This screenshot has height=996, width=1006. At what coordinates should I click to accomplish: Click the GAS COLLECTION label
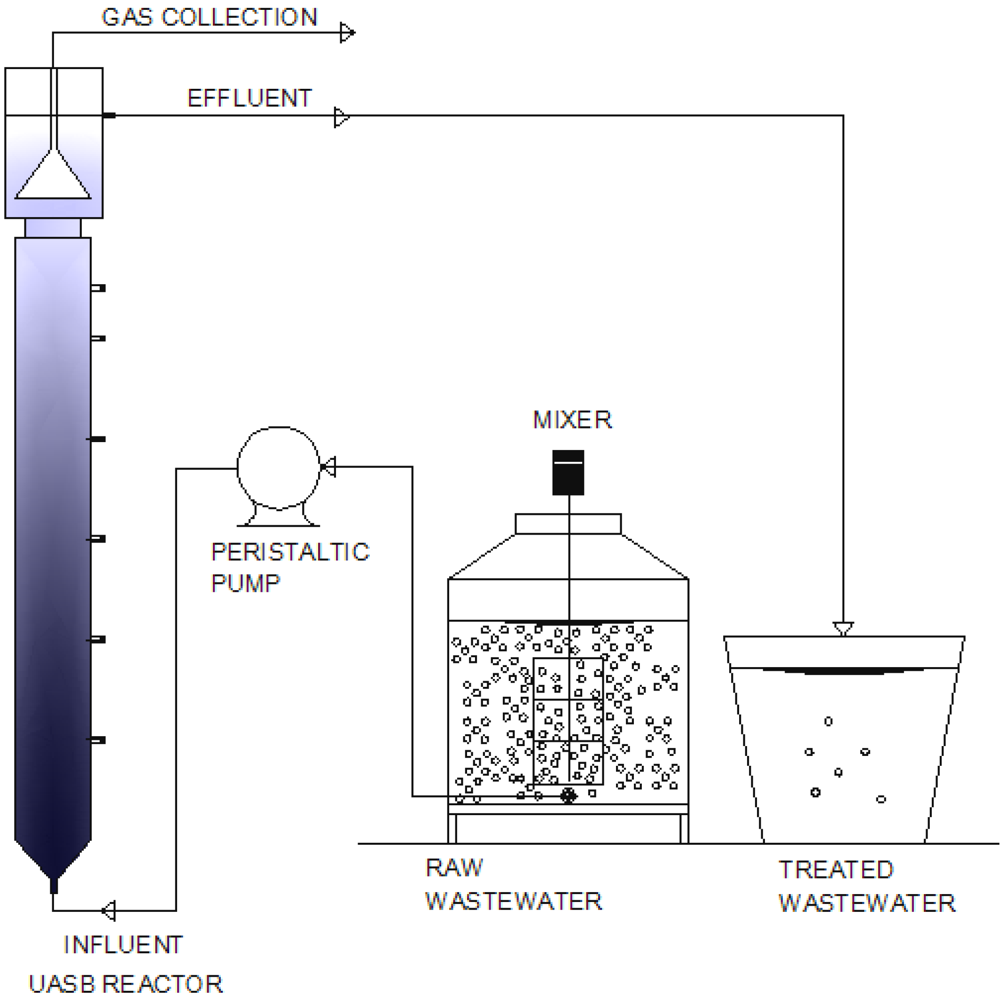pos(209,18)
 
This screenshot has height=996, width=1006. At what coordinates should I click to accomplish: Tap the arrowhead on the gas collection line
pos(347,33)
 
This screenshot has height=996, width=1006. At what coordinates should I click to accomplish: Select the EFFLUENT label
pos(250,98)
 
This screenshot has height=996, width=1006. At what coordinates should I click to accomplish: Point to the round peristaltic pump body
pos(279,467)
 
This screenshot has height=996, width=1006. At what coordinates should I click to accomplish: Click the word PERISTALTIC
pos(290,552)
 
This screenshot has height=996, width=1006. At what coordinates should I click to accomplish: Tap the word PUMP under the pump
pos(245,584)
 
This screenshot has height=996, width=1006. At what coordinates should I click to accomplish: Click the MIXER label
pos(572,420)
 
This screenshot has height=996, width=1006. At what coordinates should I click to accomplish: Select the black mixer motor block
pos(568,472)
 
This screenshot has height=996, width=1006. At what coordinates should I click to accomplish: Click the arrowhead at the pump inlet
pos(328,467)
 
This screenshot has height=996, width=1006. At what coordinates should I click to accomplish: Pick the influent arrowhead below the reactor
pos(109,910)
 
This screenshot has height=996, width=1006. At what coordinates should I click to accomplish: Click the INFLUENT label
pos(123,945)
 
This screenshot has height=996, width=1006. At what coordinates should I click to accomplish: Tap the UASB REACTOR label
pos(125,984)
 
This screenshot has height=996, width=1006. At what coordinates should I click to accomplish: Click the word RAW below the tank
pos(454,868)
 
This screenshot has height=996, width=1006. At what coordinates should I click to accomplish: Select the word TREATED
pos(836,870)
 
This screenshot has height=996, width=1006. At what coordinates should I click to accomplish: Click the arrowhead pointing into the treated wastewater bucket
pos(843,629)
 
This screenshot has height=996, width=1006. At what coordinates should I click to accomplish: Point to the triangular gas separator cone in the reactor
pos(53,177)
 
